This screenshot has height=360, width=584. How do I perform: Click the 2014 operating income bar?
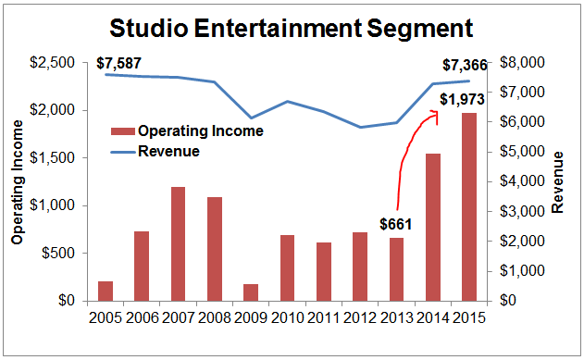[434, 227]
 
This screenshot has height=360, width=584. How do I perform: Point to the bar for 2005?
[105, 291]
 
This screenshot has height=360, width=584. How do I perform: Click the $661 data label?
[396, 224]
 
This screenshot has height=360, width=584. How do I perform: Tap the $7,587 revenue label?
[119, 64]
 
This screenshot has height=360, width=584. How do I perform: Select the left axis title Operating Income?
[17, 181]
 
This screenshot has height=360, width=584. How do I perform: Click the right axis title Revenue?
[557, 181]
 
